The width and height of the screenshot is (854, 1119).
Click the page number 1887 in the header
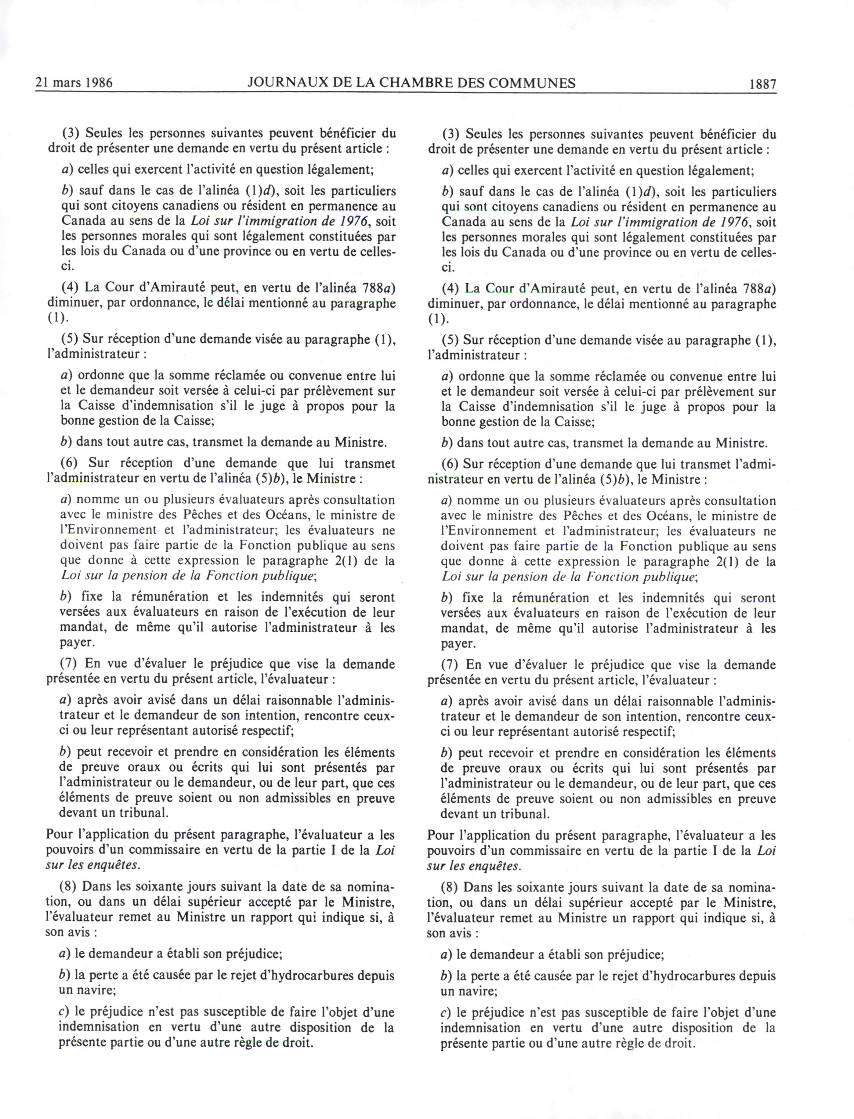[x=763, y=84]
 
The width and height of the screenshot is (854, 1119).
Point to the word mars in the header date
[x=66, y=83]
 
